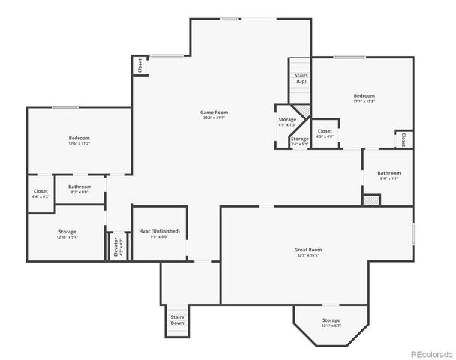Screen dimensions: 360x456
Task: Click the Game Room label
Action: click(214, 114)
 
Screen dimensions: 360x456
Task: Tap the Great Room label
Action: click(308, 251)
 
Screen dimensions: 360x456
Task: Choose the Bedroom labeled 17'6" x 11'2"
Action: click(79, 141)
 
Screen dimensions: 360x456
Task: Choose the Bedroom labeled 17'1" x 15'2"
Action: click(364, 98)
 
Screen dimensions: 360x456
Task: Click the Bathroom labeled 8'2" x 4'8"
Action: click(79, 189)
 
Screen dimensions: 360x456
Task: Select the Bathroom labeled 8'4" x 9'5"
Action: click(388, 175)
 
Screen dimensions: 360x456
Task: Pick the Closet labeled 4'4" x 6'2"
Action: click(40, 193)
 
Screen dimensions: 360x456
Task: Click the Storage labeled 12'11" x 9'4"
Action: click(67, 234)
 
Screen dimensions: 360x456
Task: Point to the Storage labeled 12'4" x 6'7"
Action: click(331, 322)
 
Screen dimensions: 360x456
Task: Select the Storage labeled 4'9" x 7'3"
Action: click(287, 121)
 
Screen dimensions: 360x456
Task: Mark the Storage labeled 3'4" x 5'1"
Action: click(299, 141)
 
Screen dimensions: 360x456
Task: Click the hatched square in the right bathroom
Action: click(371, 199)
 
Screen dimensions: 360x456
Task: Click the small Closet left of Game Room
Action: click(140, 66)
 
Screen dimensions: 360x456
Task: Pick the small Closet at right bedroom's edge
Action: click(403, 139)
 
